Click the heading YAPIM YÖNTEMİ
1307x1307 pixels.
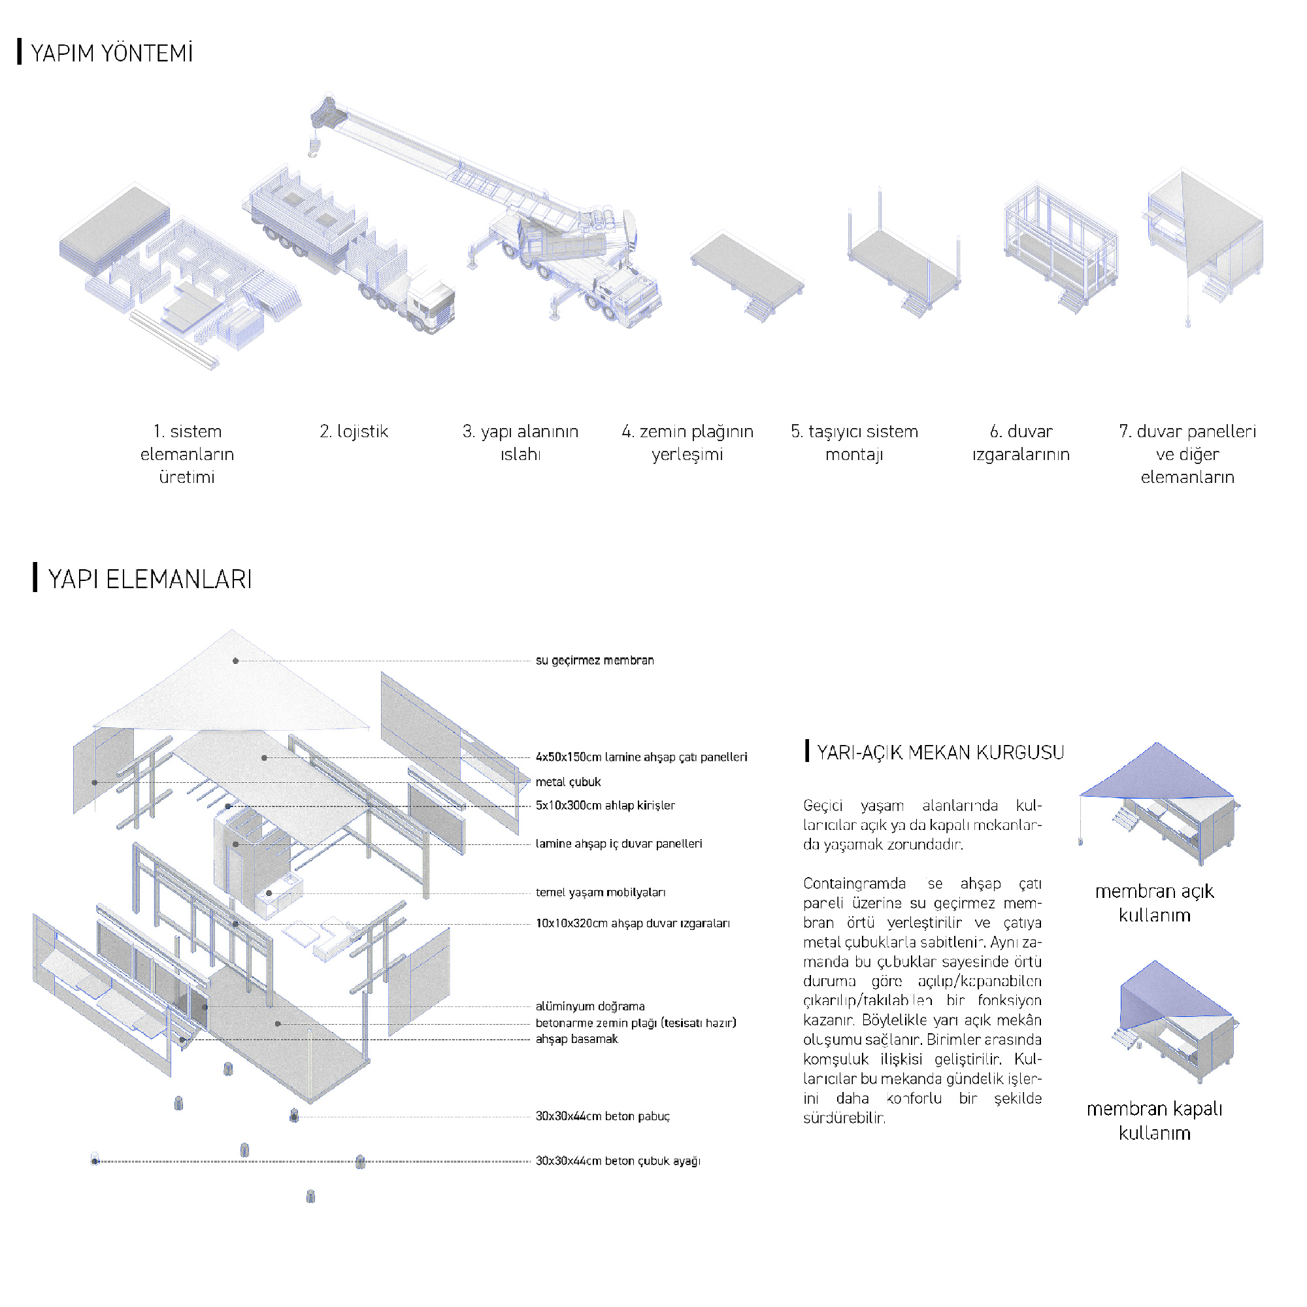(112, 53)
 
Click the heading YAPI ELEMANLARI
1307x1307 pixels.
(150, 579)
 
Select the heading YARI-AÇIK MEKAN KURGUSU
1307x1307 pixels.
(940, 752)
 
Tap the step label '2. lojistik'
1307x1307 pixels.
(354, 431)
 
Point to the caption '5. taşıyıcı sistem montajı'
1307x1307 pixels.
(853, 442)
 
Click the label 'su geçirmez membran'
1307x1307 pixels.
(595, 660)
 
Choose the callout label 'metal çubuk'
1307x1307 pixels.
(569, 782)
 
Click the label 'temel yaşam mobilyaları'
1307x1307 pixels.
(601, 892)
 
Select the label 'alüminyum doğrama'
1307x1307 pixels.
(590, 1006)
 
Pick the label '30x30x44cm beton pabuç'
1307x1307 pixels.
(603, 1116)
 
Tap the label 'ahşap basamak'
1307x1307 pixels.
(577, 1039)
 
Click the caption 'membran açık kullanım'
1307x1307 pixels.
(1154, 903)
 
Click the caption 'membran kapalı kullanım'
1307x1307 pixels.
(1154, 1120)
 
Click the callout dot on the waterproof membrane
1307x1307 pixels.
(235, 661)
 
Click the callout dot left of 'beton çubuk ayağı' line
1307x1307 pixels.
(95, 1161)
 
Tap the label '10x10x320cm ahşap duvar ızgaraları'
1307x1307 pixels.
(633, 923)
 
